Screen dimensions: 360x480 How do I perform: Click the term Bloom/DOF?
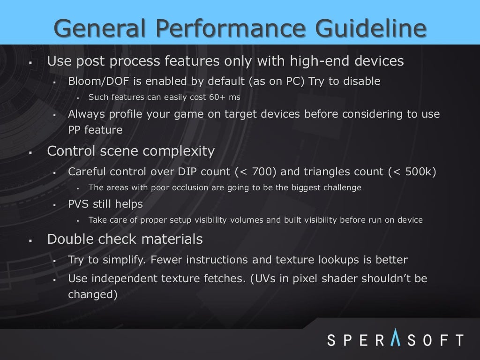tap(98, 82)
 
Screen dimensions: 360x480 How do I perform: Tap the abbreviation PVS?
tap(79, 204)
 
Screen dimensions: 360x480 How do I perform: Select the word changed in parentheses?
tap(90, 294)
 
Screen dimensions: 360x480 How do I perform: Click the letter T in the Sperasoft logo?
tap(458, 339)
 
